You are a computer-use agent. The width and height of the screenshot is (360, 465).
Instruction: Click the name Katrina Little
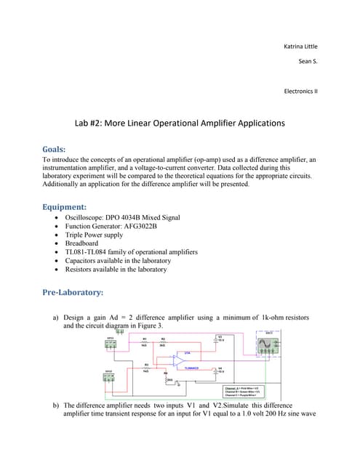[x=300, y=46]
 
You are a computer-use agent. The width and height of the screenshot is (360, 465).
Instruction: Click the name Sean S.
[x=308, y=61]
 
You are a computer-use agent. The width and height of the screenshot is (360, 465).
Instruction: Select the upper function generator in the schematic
[x=111, y=344]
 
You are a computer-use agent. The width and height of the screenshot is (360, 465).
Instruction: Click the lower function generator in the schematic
[x=111, y=377]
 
